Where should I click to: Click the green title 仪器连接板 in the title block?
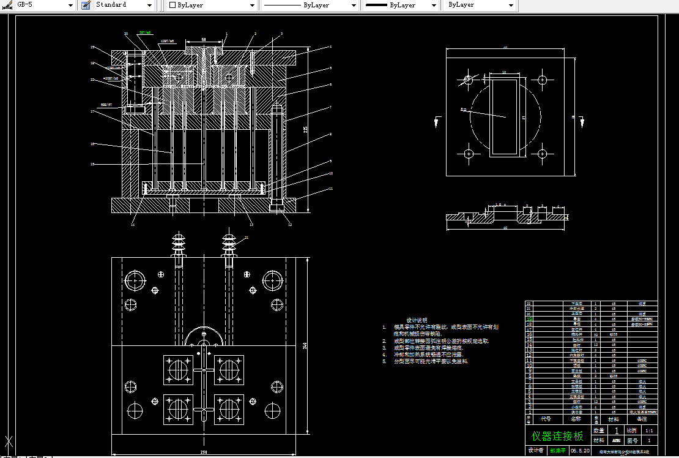[557, 437]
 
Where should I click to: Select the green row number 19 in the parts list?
[529, 318]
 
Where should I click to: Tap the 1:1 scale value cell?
[648, 431]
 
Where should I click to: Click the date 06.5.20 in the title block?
[580, 451]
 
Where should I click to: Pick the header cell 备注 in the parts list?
[642, 419]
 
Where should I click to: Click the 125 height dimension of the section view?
[305, 129]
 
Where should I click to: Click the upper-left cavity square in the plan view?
[178, 370]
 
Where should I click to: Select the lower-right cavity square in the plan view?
[229, 410]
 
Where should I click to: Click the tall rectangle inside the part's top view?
[505, 114]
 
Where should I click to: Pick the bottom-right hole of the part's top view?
[542, 153]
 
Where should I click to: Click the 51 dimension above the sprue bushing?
[204, 39]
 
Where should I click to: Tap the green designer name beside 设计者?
[557, 451]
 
